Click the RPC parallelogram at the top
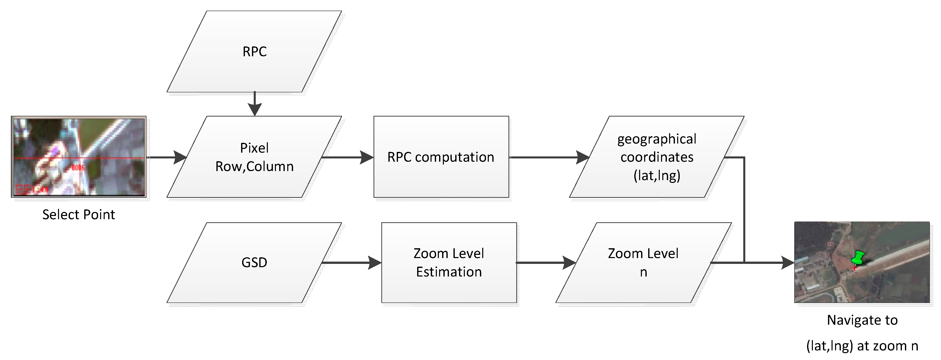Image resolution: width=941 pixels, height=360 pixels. pyautogui.click(x=254, y=51)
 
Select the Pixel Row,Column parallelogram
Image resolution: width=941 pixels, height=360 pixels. pyautogui.click(x=254, y=157)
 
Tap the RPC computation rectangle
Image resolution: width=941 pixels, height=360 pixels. pyautogui.click(x=441, y=157)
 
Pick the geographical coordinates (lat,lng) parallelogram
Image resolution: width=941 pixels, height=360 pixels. pyautogui.click(x=657, y=157)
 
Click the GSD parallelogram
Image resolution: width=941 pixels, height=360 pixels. pyautogui.click(x=254, y=262)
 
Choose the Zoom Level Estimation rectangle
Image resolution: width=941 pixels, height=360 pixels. pyautogui.click(x=449, y=262)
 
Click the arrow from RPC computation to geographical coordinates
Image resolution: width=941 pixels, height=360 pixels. pyautogui.click(x=548, y=157)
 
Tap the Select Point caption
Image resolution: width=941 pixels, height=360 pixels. pyautogui.click(x=78, y=214)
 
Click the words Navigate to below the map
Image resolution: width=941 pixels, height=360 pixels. pyautogui.click(x=862, y=320)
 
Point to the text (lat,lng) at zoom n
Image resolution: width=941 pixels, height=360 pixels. pyautogui.click(x=862, y=346)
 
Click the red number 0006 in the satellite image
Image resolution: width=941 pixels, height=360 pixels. pyautogui.click(x=78, y=168)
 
